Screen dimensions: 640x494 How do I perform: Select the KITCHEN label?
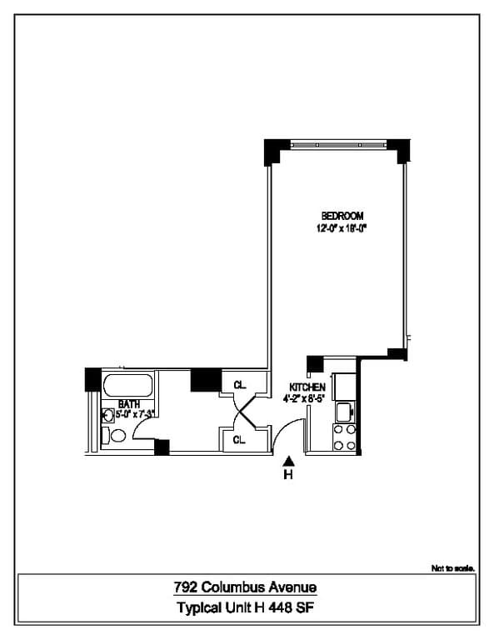tap(307, 387)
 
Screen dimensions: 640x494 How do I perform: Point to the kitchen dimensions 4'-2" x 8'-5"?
tap(307, 399)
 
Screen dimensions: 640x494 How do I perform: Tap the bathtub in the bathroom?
tap(127, 386)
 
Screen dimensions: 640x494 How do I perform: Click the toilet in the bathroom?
tap(117, 435)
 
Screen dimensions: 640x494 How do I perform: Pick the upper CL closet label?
tap(239, 385)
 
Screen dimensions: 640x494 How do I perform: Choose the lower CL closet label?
tap(239, 439)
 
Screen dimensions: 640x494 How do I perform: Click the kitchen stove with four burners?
tap(344, 437)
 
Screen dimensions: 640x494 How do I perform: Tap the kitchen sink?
tap(342, 411)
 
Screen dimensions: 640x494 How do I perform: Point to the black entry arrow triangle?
tap(289, 460)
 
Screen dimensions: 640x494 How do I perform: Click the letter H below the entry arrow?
tap(289, 476)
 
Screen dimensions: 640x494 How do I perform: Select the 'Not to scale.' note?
tap(453, 568)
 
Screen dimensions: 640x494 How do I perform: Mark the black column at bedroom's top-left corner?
tap(274, 152)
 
